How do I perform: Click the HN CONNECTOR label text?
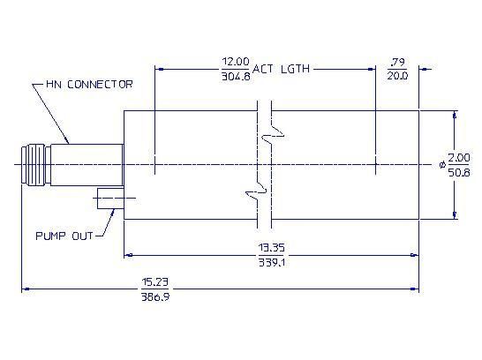click(x=89, y=84)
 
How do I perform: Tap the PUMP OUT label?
click(x=64, y=236)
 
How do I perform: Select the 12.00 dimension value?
click(x=236, y=62)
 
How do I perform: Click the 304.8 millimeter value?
click(x=236, y=76)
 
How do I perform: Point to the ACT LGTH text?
click(x=281, y=69)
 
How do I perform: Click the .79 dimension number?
click(x=397, y=63)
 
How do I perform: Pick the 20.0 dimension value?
click(x=397, y=76)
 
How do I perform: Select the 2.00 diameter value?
click(x=459, y=158)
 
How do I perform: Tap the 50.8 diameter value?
click(x=459, y=172)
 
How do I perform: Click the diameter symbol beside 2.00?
click(x=442, y=165)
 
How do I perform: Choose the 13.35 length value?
click(x=271, y=248)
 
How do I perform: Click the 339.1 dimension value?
click(x=271, y=262)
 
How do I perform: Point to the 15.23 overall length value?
click(x=155, y=282)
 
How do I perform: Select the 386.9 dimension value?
click(x=155, y=296)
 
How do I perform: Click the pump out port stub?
click(x=110, y=199)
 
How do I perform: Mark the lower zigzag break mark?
click(x=256, y=192)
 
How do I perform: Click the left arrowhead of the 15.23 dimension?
click(x=26, y=289)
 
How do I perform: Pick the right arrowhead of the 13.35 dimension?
click(x=415, y=255)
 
